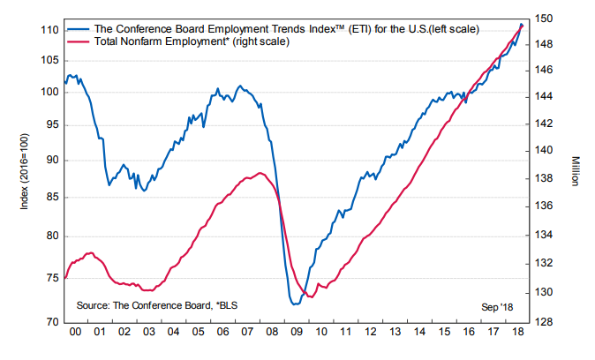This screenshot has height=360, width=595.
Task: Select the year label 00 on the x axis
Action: click(x=77, y=333)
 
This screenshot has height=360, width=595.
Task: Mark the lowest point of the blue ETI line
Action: click(x=293, y=304)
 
